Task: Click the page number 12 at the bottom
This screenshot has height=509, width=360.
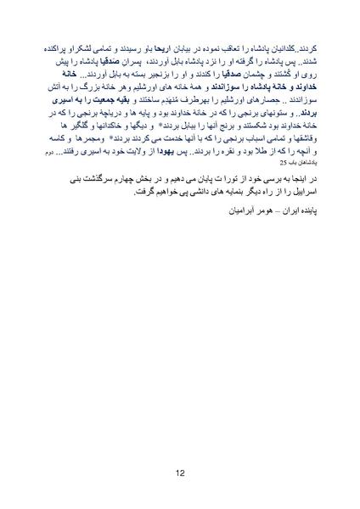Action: pyautogui.click(x=180, y=473)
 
